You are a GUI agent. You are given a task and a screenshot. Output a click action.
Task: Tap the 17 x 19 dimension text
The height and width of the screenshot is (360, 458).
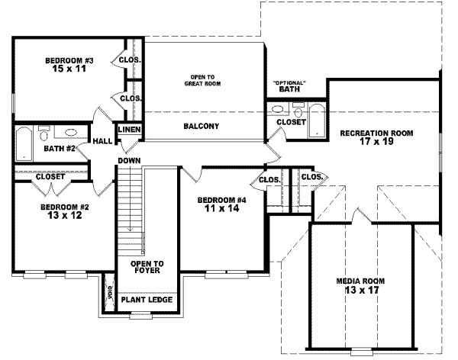click(x=376, y=142)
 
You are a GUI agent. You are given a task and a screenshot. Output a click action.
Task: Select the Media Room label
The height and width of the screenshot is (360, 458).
click(x=360, y=281)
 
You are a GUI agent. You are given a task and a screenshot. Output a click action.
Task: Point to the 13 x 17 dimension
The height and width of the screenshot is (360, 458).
click(x=360, y=291)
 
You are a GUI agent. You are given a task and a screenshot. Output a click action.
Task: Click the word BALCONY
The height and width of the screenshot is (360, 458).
click(x=202, y=126)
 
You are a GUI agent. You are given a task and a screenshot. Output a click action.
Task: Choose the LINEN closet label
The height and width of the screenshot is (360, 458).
click(x=129, y=130)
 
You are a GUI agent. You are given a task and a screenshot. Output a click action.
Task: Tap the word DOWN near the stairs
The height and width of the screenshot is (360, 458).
click(x=127, y=161)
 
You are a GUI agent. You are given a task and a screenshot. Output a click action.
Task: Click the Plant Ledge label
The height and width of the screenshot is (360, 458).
click(x=147, y=300)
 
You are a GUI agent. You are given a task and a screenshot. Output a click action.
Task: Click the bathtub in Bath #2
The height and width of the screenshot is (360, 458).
click(x=24, y=143)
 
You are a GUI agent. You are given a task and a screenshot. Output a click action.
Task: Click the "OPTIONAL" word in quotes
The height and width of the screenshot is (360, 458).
click(x=289, y=82)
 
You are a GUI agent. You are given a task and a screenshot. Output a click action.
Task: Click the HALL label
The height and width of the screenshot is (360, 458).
click(x=102, y=141)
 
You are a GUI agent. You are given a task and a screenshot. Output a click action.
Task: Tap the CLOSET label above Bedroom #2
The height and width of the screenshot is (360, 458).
click(x=51, y=177)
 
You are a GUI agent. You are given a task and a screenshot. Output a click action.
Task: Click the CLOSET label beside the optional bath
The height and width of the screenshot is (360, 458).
click(x=291, y=121)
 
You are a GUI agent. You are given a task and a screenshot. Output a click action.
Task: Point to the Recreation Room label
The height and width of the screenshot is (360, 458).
click(x=376, y=132)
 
